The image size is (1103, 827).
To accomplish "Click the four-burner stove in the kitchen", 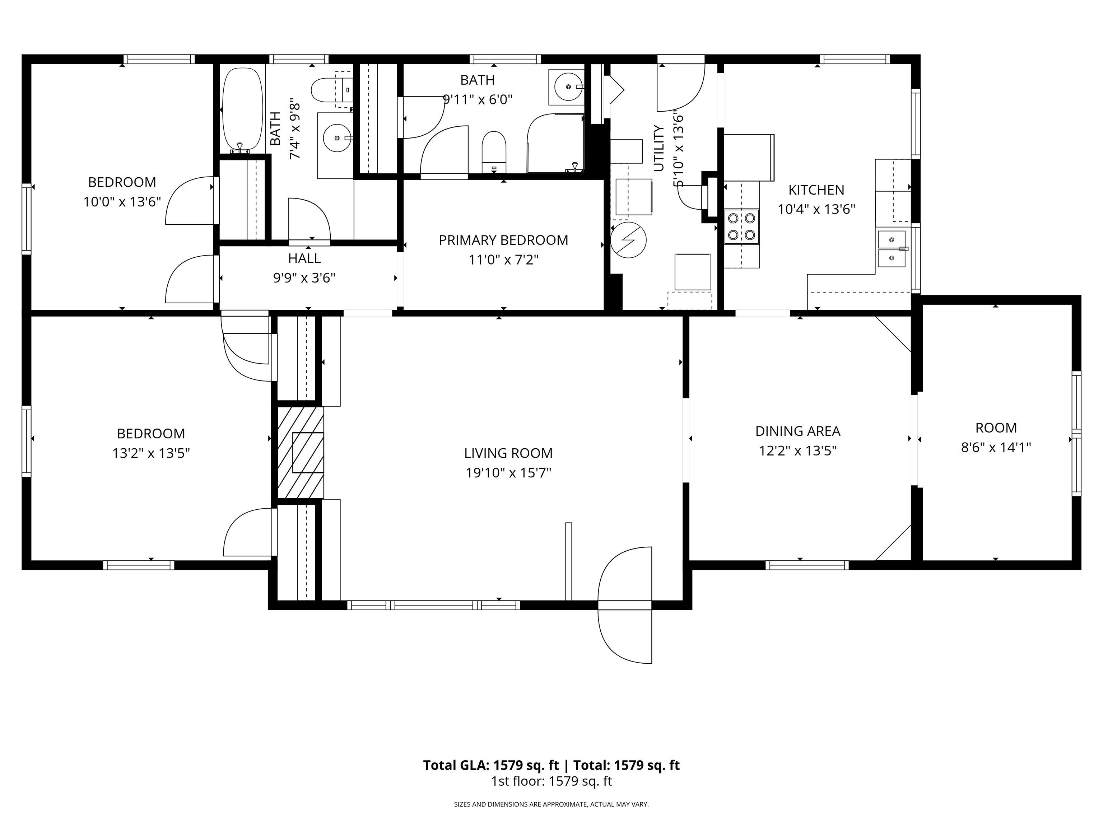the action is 741,226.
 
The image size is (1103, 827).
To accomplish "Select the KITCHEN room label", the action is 816,190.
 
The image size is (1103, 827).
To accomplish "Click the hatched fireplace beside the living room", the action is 300,453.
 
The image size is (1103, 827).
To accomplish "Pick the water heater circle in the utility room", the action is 628,240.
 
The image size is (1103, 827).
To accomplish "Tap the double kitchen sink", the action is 892,249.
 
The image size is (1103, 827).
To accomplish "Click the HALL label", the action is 304,258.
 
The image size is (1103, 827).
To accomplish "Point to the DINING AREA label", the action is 798,431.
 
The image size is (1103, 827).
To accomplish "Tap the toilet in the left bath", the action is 332,90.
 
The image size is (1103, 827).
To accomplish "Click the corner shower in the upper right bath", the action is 556,143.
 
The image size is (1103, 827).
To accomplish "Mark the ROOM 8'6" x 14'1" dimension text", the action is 996,447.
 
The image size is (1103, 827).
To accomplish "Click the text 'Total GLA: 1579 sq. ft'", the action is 491,765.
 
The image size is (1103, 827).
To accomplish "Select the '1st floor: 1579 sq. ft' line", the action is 551,781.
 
